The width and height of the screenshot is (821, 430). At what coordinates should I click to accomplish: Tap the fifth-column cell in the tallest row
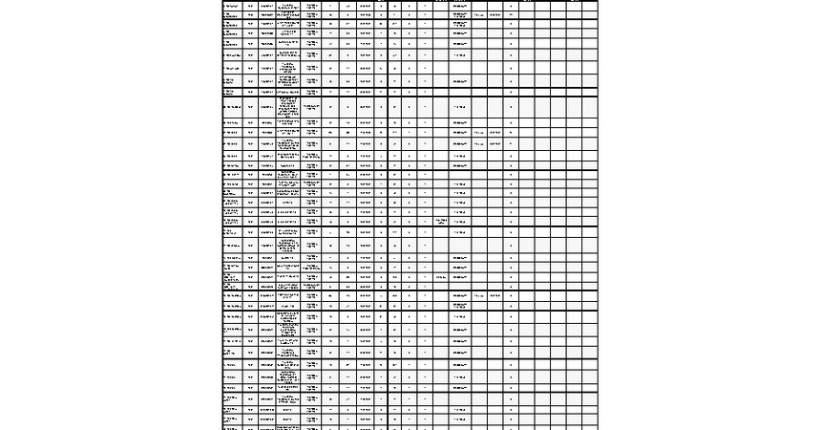[311, 108]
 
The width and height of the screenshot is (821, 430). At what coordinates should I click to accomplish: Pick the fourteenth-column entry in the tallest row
[460, 108]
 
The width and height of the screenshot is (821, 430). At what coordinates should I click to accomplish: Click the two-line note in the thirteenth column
[441, 222]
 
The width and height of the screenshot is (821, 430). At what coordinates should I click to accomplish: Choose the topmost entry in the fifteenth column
[479, 15]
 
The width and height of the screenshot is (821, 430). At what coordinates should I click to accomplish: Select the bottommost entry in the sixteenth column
[495, 295]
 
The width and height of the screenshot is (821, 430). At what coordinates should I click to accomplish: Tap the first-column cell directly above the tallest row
[231, 92]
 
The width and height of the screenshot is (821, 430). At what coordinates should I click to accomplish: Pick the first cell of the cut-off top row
[231, 6]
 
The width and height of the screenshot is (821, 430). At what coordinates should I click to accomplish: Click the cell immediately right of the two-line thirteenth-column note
[460, 222]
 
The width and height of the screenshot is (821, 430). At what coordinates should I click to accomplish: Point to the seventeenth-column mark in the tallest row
[512, 108]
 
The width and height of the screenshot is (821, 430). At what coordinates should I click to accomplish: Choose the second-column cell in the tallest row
[250, 108]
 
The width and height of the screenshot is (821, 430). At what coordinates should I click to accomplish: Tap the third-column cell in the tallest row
[266, 108]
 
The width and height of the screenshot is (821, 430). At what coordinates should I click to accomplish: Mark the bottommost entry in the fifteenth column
[479, 295]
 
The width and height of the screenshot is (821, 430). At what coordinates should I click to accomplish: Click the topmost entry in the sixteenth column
[495, 15]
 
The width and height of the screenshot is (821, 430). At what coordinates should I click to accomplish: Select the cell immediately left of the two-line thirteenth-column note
[425, 222]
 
